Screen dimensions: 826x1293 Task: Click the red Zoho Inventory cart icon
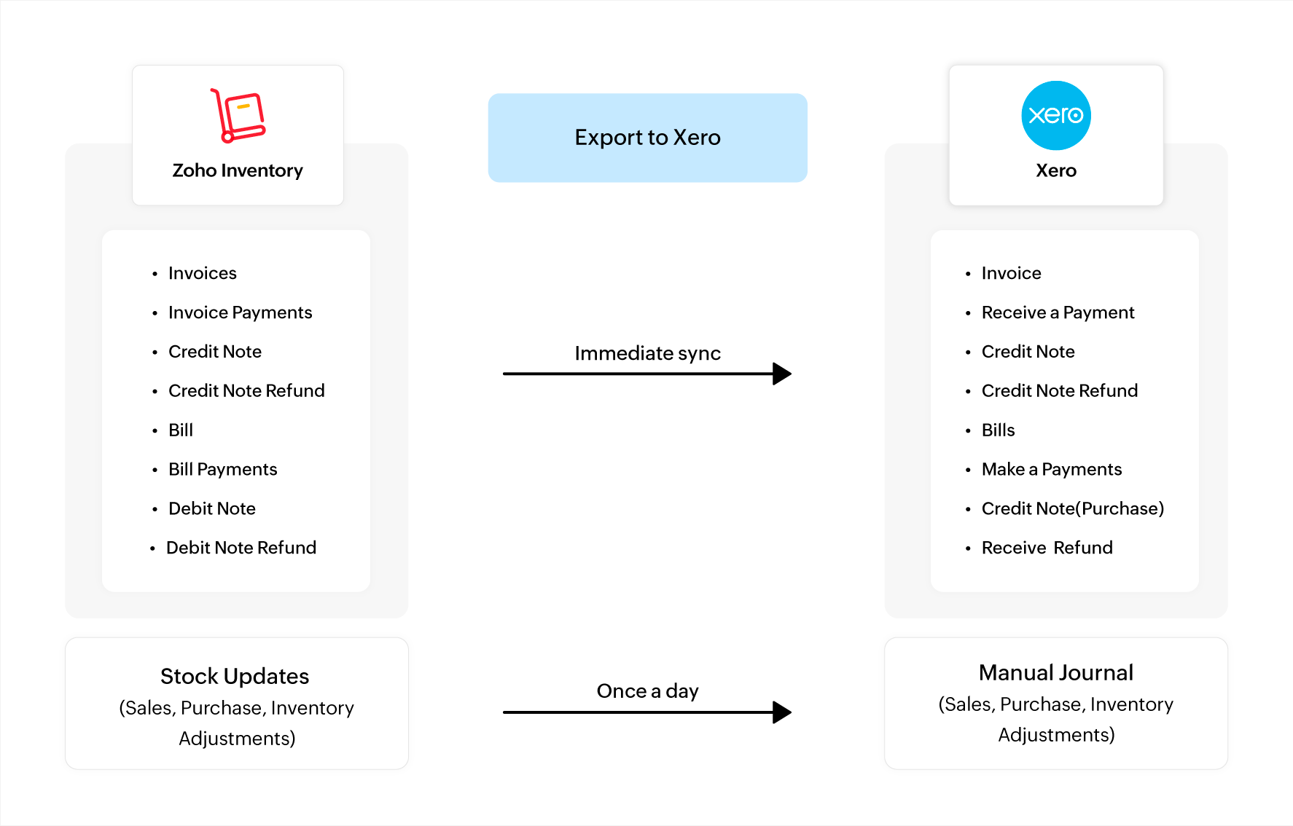click(x=238, y=116)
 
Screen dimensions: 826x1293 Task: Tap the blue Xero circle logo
click(x=1055, y=116)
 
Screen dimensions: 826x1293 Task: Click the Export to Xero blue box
click(x=647, y=138)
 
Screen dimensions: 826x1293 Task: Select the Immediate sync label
click(x=647, y=353)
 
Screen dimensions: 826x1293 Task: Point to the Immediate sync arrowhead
click(x=781, y=374)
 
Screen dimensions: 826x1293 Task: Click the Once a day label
click(x=647, y=691)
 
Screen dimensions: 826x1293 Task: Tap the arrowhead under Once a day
click(x=781, y=712)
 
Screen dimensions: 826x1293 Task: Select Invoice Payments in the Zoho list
click(x=240, y=312)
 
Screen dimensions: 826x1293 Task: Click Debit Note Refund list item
click(x=241, y=548)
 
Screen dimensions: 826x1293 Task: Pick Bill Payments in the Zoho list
click(x=222, y=469)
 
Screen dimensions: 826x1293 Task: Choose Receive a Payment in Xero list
click(x=1058, y=312)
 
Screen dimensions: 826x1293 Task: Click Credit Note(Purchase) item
click(x=1072, y=508)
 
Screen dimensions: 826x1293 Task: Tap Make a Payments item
click(x=1051, y=469)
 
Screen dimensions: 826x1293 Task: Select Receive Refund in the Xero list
click(x=1047, y=548)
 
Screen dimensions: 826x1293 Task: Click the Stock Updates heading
click(x=235, y=676)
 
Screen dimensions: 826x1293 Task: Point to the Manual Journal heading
click(x=1055, y=672)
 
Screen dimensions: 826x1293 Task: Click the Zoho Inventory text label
click(x=238, y=170)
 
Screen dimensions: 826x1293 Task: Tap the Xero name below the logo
click(x=1055, y=170)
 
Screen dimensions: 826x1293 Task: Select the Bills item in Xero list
click(x=998, y=430)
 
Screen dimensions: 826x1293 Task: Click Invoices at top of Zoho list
click(x=202, y=273)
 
